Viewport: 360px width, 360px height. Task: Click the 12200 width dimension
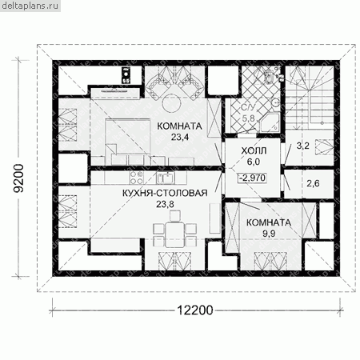[195, 310]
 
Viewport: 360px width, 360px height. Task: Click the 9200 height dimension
[19, 178]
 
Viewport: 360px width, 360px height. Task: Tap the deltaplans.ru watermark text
[30, 6]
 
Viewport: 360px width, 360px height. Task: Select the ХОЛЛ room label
[254, 150]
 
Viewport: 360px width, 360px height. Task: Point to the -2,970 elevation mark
[252, 178]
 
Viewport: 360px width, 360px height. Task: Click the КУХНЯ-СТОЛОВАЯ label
[165, 193]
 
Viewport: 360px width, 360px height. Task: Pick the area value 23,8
[165, 204]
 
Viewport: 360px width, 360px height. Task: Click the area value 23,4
[180, 137]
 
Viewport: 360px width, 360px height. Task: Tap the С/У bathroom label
[248, 107]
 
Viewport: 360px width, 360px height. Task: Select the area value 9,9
[269, 234]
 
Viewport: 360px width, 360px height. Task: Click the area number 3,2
[302, 146]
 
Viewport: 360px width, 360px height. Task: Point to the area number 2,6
[313, 183]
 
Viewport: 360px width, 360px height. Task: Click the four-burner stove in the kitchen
[136, 178]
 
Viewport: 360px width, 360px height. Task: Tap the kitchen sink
[166, 178]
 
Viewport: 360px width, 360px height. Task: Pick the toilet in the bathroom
[268, 76]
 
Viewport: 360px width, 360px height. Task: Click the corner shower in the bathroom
[269, 122]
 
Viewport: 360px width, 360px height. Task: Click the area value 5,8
[249, 118]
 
